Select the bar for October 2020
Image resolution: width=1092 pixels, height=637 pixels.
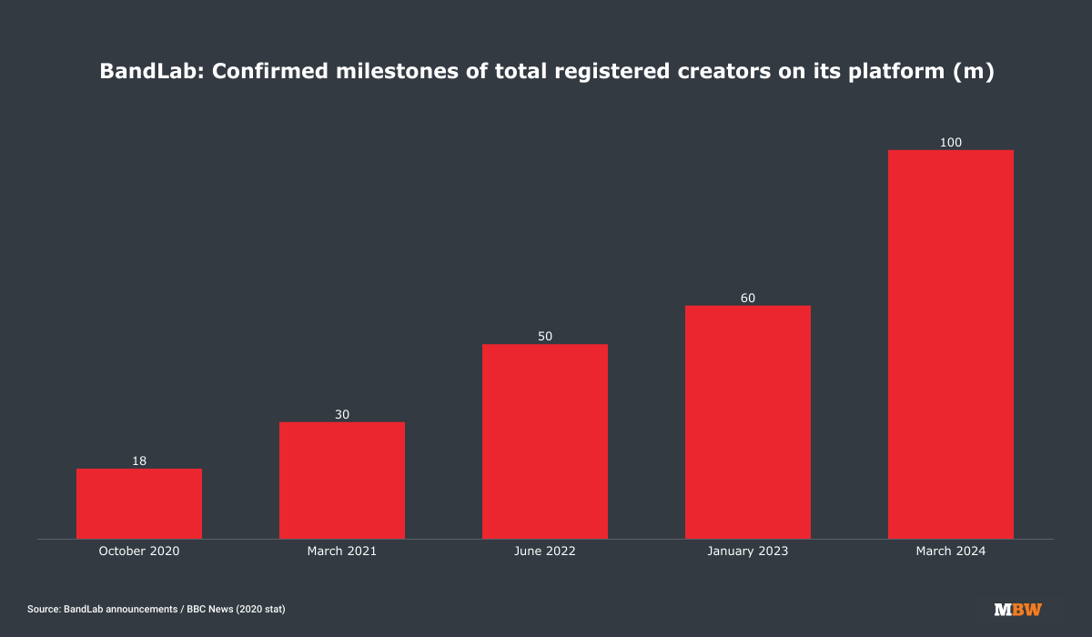139,503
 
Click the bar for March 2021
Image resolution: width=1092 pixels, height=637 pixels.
342,480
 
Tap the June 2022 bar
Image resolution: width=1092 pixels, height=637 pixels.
545,441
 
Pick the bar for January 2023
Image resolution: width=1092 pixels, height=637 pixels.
748,421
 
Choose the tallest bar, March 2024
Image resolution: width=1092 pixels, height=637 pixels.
951,344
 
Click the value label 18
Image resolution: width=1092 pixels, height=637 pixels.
139,461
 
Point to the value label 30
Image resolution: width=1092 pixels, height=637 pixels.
342,415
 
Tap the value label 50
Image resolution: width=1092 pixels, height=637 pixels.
545,337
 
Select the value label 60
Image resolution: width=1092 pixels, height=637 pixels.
748,298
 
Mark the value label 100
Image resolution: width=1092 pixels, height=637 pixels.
951,142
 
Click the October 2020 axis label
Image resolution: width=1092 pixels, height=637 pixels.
139,551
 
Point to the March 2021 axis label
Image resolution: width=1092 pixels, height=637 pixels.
342,551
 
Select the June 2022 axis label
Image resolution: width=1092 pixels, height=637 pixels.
545,551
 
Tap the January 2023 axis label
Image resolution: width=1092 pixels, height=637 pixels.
748,551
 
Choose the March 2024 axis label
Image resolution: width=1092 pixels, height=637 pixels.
951,551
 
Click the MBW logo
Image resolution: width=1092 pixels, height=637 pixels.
1018,609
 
